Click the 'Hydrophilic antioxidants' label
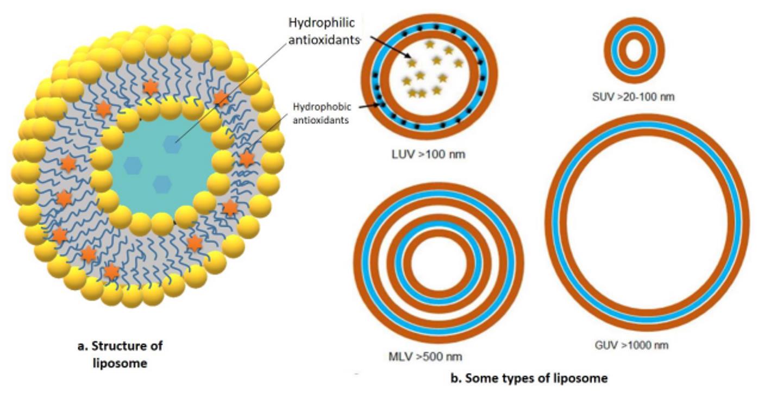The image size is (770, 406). [x=322, y=31]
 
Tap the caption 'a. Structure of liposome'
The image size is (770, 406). [x=120, y=354]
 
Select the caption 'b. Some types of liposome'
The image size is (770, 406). [x=529, y=378]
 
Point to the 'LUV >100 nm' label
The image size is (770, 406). [x=428, y=154]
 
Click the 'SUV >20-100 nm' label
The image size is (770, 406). [x=633, y=97]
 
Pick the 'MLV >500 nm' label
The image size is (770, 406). [x=425, y=357]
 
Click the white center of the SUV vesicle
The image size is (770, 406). [x=634, y=51]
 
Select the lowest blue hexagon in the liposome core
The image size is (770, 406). [x=162, y=185]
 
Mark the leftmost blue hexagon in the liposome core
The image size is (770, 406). [x=133, y=165]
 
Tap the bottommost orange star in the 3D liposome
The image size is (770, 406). [x=111, y=271]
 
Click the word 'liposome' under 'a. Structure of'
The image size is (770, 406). [x=120, y=363]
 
